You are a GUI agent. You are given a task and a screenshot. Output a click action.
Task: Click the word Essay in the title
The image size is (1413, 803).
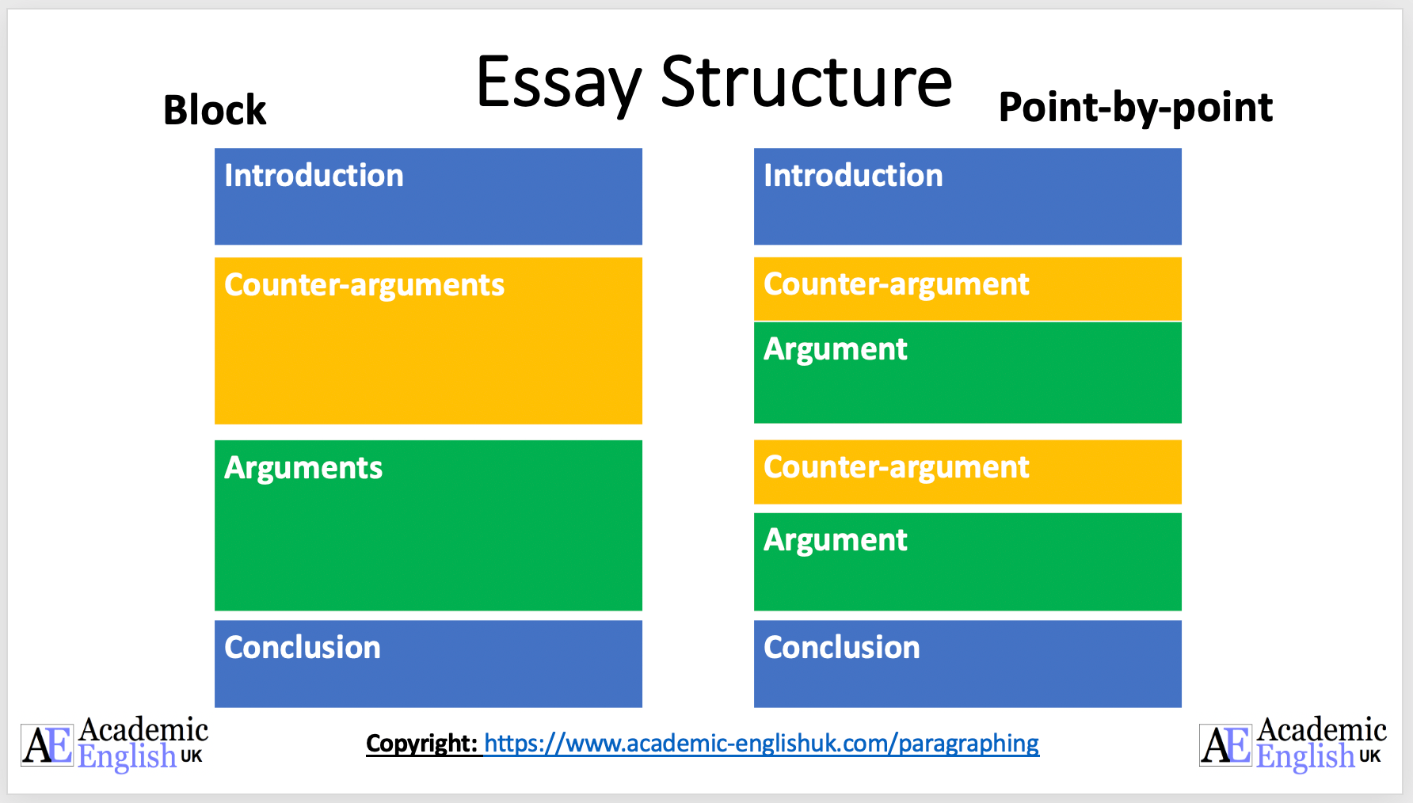558,83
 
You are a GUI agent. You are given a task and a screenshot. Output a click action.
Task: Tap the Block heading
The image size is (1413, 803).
215,110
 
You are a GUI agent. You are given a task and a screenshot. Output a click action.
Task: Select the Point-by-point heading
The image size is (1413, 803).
1135,108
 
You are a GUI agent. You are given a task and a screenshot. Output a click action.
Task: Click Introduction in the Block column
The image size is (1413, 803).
314,176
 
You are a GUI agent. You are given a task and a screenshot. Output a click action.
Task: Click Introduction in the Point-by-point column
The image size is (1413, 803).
853,176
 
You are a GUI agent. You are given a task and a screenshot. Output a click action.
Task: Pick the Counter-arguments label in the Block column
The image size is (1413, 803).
364,285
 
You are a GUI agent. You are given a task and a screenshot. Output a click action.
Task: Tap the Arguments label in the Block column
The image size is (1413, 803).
303,468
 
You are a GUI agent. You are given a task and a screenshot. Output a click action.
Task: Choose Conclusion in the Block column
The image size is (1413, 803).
302,648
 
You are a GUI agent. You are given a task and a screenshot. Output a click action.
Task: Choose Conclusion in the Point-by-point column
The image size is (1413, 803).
841,648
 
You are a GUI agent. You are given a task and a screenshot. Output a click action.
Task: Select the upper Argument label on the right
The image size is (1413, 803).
835,349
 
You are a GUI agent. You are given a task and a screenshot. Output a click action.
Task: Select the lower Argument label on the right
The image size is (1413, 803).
835,540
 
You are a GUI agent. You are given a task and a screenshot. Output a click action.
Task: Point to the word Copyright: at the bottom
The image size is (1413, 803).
421,744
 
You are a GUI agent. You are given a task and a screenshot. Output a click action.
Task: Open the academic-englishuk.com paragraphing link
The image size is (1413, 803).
761,744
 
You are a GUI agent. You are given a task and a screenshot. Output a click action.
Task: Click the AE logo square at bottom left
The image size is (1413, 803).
47,744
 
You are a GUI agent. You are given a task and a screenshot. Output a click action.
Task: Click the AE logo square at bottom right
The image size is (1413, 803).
1225,744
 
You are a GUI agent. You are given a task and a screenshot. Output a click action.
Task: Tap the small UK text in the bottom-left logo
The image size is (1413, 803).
192,756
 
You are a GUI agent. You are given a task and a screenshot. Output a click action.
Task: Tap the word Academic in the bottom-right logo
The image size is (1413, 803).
1321,729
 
